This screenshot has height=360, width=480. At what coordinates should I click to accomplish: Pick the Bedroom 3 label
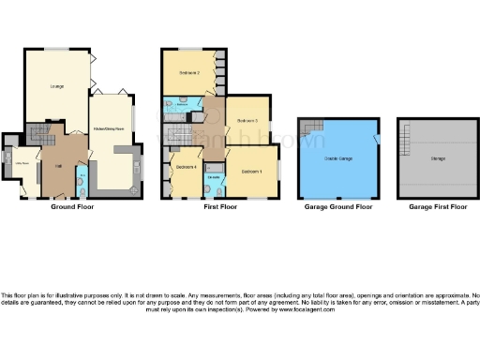247,121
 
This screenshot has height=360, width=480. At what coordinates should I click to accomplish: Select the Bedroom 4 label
185,168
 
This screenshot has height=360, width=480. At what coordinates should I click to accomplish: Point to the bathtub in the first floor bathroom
172,111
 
